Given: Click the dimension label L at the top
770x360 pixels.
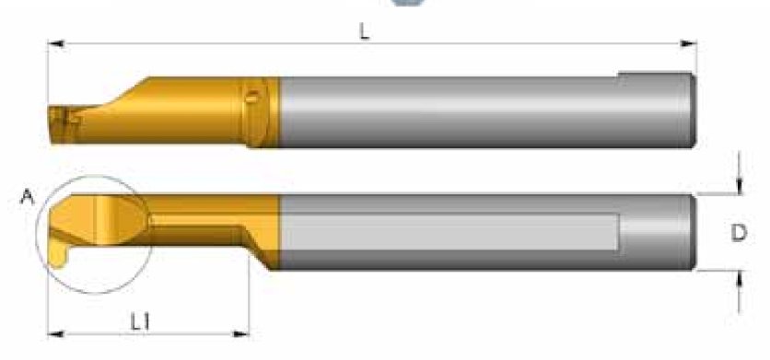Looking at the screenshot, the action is (364, 32).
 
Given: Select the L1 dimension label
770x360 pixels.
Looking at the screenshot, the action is (140, 321).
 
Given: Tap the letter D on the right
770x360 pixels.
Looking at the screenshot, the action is (739, 233).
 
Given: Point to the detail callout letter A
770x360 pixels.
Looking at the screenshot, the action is (28, 197).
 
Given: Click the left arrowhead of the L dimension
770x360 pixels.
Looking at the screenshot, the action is (56, 44).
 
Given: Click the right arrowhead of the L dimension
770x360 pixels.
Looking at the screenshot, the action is (688, 44).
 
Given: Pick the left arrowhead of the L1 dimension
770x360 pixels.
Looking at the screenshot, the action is (56, 334).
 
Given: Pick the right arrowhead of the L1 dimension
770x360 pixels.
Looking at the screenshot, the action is (240, 334).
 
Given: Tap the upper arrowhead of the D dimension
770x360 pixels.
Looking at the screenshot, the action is (740, 186).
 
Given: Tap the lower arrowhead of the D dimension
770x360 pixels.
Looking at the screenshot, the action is (740, 279).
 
